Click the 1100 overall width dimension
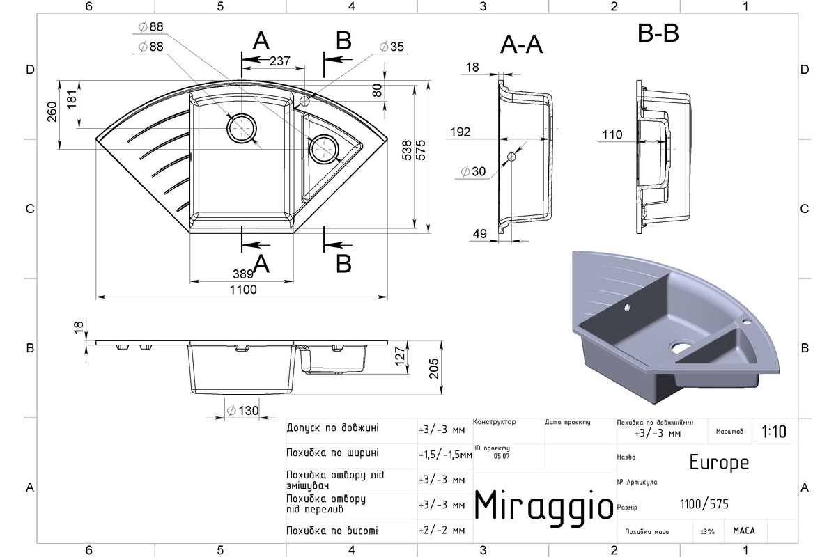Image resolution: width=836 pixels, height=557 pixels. click(x=243, y=290)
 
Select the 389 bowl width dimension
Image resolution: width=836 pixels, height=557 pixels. click(x=243, y=274)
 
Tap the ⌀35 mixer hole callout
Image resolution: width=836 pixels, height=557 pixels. click(x=392, y=47)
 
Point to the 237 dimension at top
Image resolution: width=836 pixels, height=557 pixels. click(x=279, y=61)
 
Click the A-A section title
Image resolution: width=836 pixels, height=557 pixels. click(x=521, y=45)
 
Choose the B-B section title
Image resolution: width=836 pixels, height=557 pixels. click(x=658, y=33)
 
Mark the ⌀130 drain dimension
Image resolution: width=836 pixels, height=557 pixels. click(x=242, y=411)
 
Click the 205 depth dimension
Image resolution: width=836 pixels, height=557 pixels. click(x=433, y=368)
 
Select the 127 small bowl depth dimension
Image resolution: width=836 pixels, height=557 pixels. click(x=400, y=356)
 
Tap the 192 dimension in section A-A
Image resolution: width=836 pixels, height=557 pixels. click(x=460, y=132)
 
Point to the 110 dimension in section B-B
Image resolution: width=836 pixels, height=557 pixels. click(x=612, y=134)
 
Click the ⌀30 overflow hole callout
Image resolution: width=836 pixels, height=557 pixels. click(x=473, y=171)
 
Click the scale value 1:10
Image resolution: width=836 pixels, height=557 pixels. click(x=774, y=432)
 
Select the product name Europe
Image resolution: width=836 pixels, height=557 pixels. click(x=719, y=462)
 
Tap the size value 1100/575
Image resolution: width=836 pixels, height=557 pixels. click(x=704, y=504)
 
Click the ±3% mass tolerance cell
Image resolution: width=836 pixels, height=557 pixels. click(x=707, y=532)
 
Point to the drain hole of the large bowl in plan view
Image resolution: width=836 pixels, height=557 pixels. click(x=242, y=128)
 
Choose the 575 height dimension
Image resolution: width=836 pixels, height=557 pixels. click(x=421, y=150)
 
